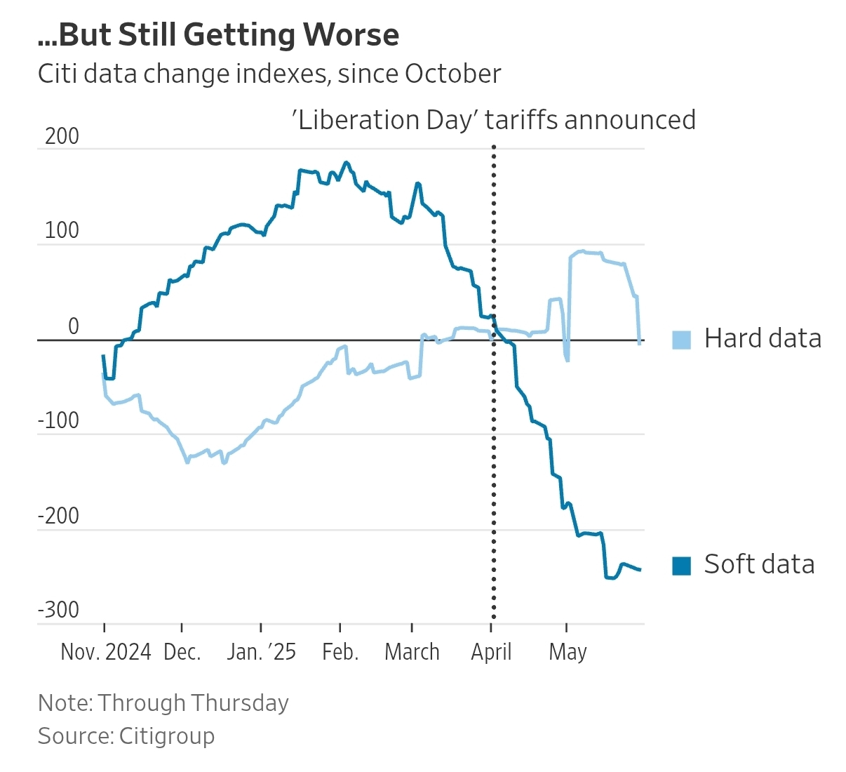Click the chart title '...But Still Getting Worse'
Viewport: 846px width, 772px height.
point(218,35)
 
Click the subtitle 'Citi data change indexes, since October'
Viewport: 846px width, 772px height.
point(269,74)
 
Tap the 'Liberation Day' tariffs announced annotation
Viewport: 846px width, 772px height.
point(493,120)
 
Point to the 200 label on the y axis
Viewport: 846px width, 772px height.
point(62,136)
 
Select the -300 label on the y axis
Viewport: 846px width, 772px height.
point(58,610)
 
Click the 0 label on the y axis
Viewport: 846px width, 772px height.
point(73,326)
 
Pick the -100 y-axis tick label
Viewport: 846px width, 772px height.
point(58,421)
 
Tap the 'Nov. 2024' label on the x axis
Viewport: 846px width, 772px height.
point(106,652)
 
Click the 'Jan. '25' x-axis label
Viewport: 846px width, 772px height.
point(261,652)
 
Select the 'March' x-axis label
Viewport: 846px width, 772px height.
point(412,652)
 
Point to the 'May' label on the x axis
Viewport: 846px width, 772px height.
point(568,652)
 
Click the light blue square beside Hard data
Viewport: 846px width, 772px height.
point(681,340)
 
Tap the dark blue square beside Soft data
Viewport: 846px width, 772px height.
point(681,566)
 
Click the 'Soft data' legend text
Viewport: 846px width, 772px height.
point(759,564)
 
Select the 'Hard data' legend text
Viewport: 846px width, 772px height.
point(763,338)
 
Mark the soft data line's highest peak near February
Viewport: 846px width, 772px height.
point(345,163)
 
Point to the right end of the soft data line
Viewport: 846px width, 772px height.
point(640,570)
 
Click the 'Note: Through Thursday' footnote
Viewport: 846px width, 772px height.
point(163,703)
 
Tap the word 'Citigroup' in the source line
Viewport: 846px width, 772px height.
point(167,736)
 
